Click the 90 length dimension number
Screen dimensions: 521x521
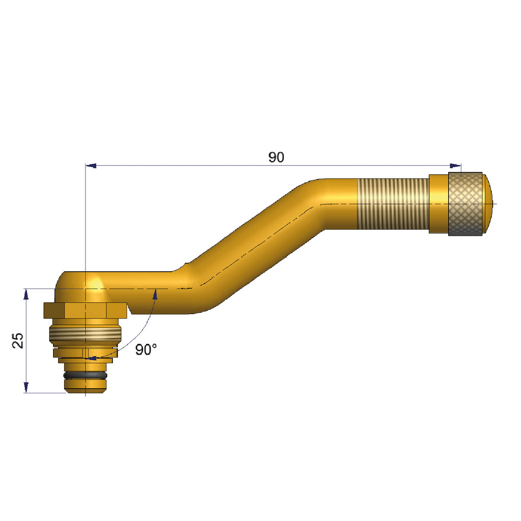pyautogui.click(x=276, y=157)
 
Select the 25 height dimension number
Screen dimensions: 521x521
pyautogui.click(x=18, y=340)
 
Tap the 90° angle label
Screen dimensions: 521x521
pyautogui.click(x=146, y=350)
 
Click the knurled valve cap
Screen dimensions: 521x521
pyautogui.click(x=465, y=204)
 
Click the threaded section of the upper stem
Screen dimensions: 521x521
pyautogui.click(x=393, y=204)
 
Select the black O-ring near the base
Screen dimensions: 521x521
pyautogui.click(x=85, y=375)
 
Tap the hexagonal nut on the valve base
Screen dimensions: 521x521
pyautogui.click(x=85, y=310)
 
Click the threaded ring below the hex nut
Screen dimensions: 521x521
pyautogui.click(x=85, y=334)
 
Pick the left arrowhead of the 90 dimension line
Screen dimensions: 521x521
pyautogui.click(x=91, y=165)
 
